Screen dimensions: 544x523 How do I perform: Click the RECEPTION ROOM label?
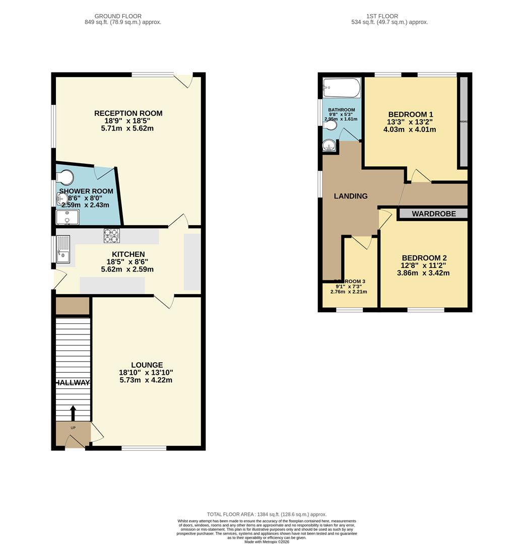(x=128, y=113)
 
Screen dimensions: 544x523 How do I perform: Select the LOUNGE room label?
(x=147, y=365)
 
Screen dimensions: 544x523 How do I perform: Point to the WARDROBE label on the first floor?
(x=433, y=214)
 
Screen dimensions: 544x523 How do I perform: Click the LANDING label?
(x=351, y=196)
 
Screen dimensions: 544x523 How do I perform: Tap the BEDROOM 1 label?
(x=410, y=114)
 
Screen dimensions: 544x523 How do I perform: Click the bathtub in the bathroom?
(x=342, y=88)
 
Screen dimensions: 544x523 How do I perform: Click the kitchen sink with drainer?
(x=63, y=250)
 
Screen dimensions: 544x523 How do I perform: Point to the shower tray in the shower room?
(x=67, y=217)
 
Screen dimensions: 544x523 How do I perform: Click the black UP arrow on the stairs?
(x=73, y=413)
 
